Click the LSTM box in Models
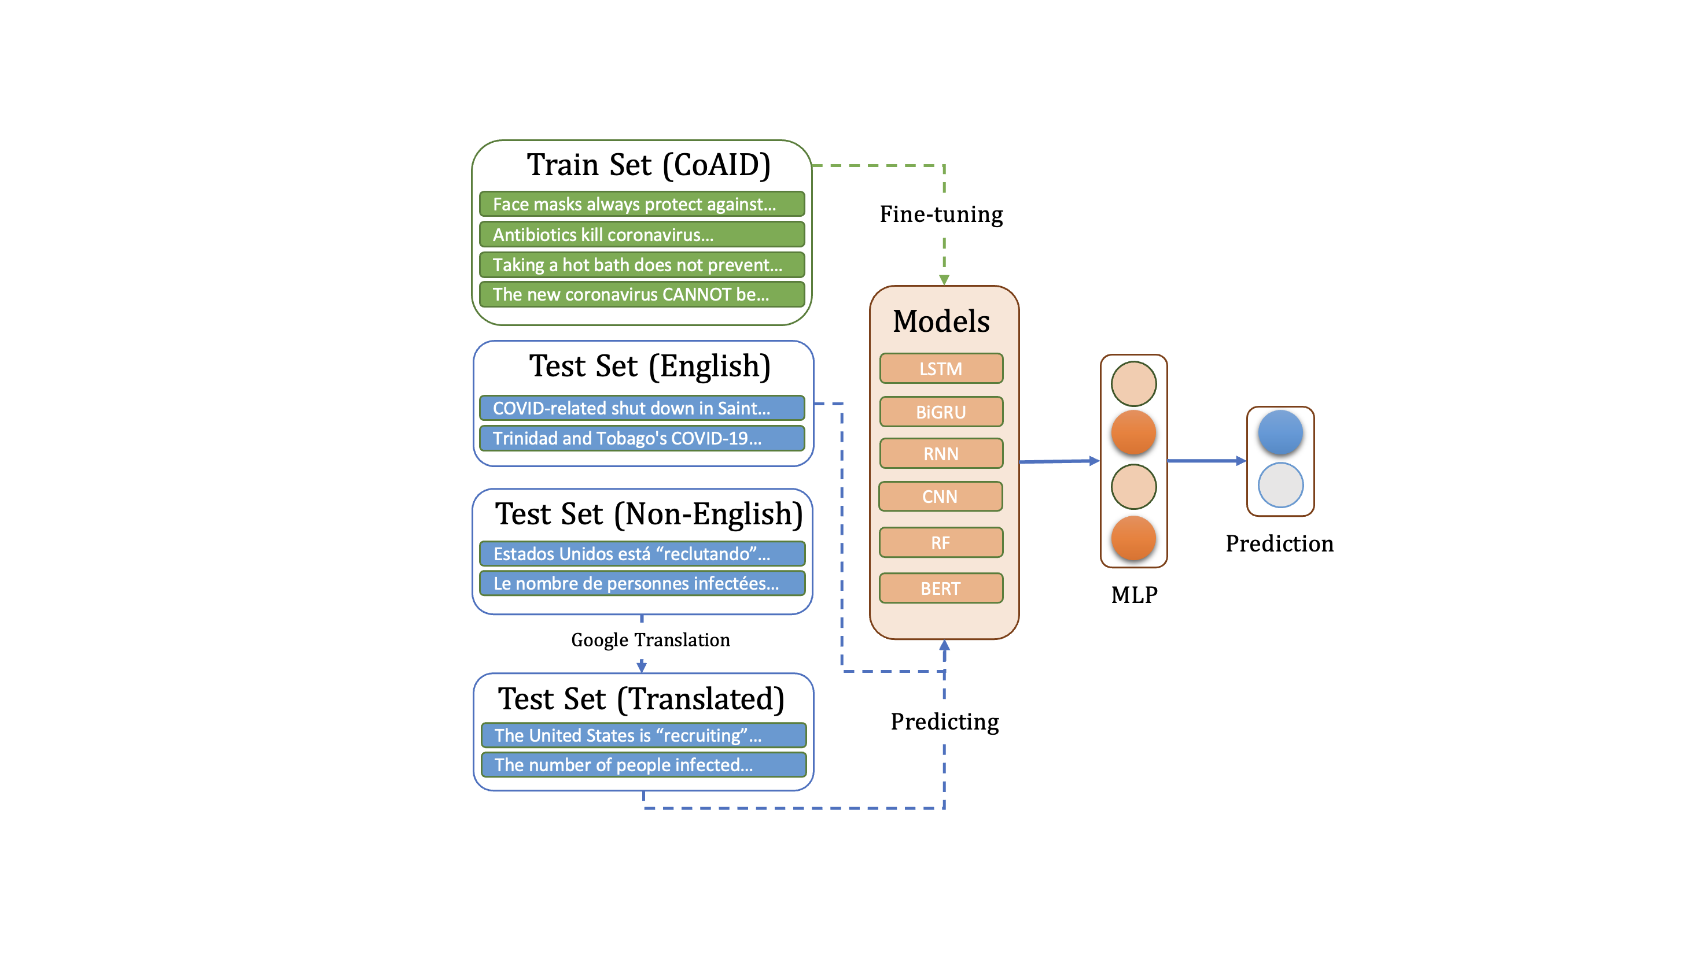(x=941, y=368)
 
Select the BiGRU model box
(x=941, y=412)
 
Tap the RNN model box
(x=941, y=453)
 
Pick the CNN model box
(x=940, y=497)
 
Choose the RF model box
(x=940, y=542)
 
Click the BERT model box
(x=940, y=588)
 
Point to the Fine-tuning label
(x=941, y=214)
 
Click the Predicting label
(x=944, y=721)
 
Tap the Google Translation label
(x=650, y=639)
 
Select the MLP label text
(x=1134, y=595)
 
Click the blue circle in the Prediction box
(x=1280, y=433)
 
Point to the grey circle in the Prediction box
(x=1280, y=485)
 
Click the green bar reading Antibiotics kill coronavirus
(x=641, y=234)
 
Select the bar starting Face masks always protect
(x=641, y=204)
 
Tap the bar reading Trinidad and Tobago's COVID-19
(x=641, y=438)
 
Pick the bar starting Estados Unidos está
(x=641, y=553)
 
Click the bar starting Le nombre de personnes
(x=641, y=583)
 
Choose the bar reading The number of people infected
(x=643, y=764)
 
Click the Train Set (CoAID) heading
(x=649, y=165)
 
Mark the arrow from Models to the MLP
(x=1059, y=461)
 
